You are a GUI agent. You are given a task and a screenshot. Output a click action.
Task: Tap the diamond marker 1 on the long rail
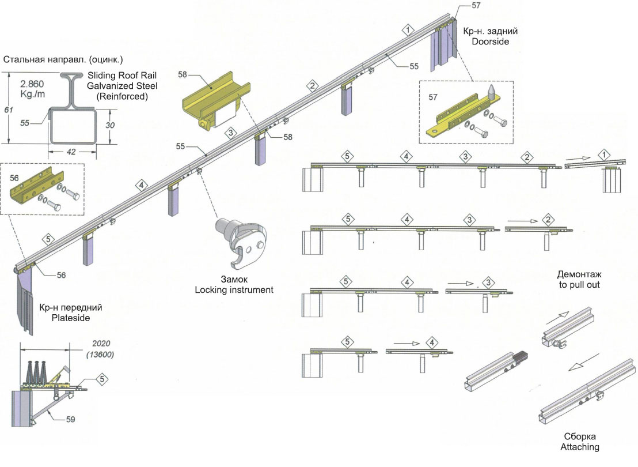408,29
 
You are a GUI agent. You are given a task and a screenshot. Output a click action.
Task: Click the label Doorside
490,42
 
